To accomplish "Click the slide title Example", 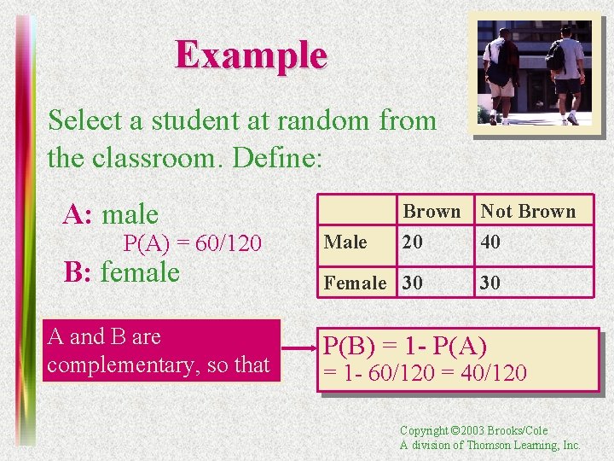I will [x=251, y=56].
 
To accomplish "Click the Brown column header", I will [x=432, y=211].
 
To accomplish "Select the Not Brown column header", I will [x=528, y=211].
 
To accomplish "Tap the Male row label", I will [x=345, y=242].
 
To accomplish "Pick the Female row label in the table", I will [x=355, y=283].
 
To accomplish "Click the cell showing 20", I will [x=413, y=242].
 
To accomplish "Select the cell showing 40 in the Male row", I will [x=491, y=242].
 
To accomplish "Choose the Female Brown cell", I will [x=413, y=283].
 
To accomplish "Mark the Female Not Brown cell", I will [x=491, y=283].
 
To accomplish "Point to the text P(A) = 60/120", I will [x=192, y=244].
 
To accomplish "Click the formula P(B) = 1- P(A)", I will [x=404, y=347].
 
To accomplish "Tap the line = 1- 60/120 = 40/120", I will [x=424, y=373].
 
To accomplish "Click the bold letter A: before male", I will [x=79, y=214].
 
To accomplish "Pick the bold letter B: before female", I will [x=79, y=273].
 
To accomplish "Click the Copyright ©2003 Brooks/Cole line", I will [x=473, y=430].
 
